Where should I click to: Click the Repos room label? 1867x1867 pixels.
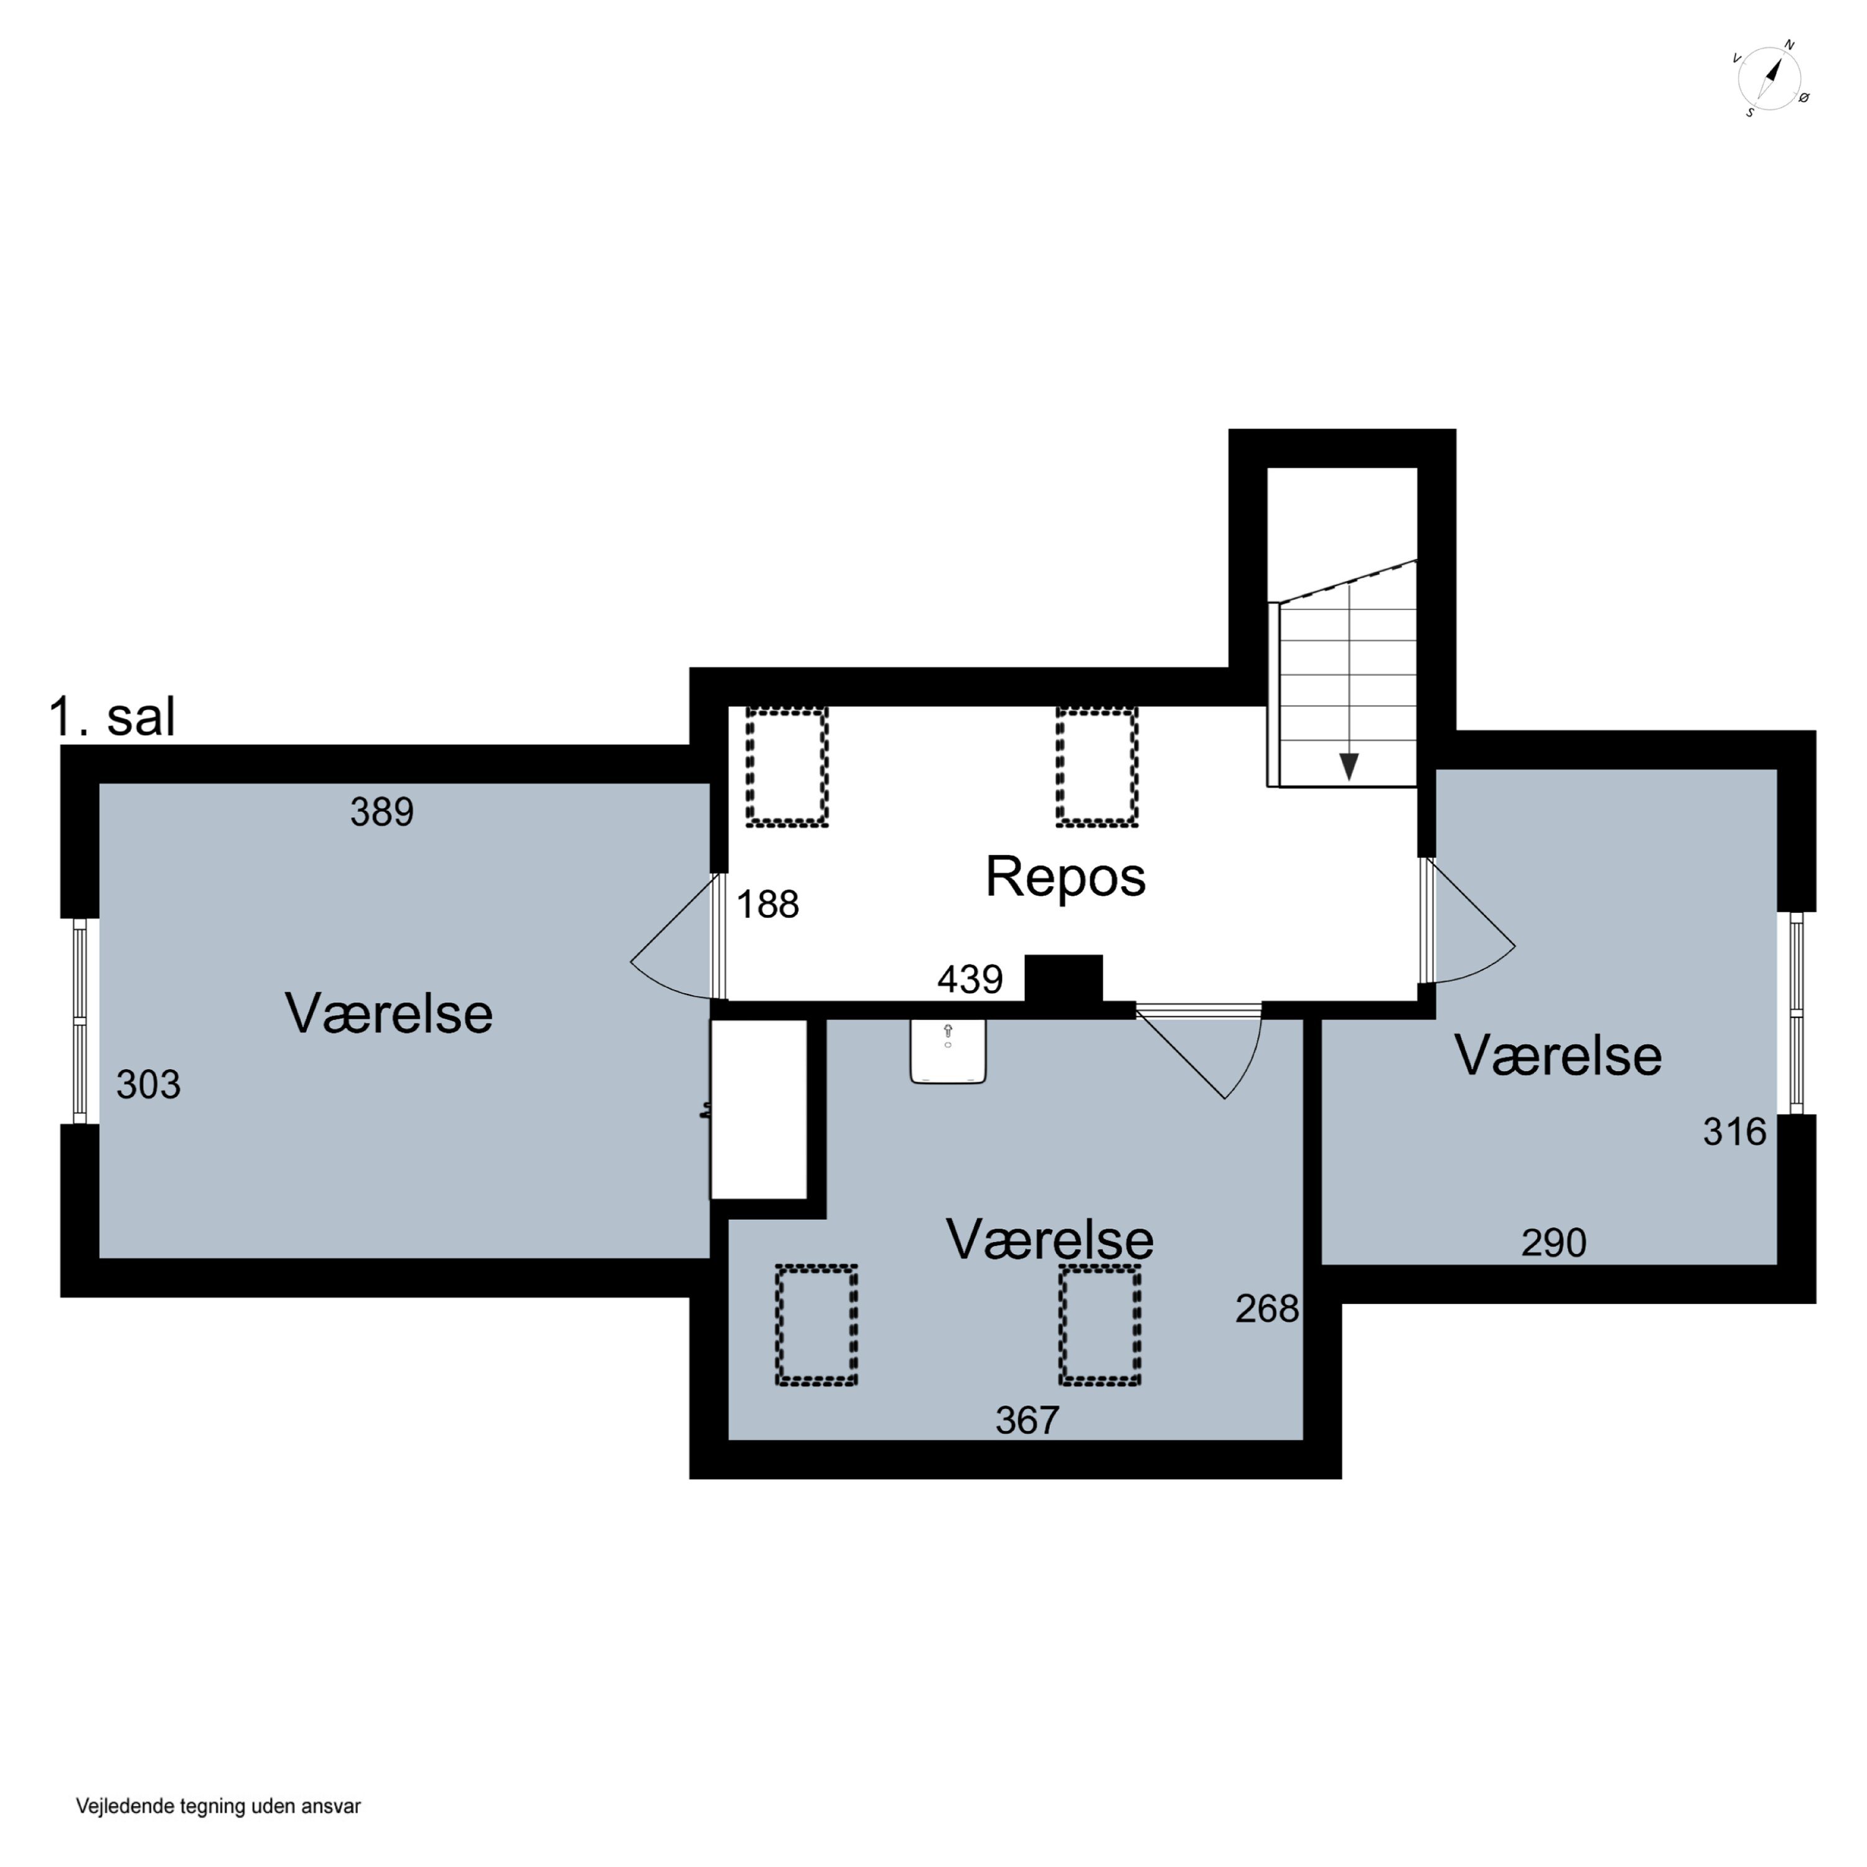1065,876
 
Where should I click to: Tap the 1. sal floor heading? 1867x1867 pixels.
112,717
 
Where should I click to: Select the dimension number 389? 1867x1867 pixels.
381,812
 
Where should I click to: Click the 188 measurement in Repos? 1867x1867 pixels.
768,904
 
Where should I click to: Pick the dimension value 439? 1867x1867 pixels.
970,980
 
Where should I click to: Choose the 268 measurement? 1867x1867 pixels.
1267,1309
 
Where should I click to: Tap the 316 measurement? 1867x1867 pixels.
1734,1131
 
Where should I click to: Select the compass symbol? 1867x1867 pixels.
1771,79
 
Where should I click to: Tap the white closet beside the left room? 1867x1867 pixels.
759,1110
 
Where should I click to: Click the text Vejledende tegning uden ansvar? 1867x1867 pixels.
218,1806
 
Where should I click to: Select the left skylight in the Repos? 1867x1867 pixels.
787,767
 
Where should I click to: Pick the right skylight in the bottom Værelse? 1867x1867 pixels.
1100,1326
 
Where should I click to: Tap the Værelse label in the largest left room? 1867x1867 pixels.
388,1014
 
